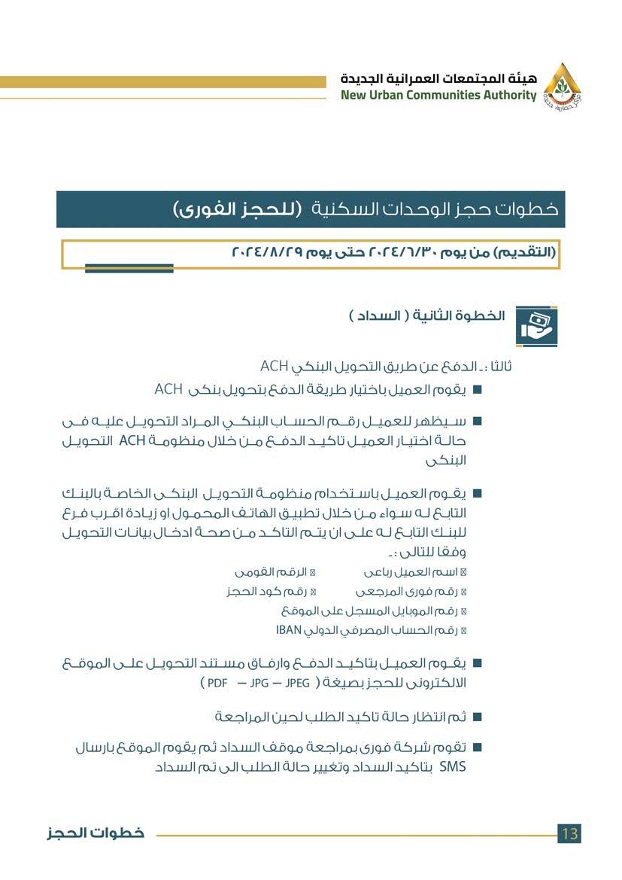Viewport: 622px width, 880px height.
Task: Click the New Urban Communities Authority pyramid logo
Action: click(x=562, y=84)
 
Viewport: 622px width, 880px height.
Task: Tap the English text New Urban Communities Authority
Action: click(x=438, y=96)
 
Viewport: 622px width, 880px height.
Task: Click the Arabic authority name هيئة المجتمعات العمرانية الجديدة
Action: click(x=439, y=78)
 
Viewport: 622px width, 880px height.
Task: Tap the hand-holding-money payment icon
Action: click(x=536, y=326)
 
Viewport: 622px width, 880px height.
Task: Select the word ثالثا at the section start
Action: click(x=499, y=367)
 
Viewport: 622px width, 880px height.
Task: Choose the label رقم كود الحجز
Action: click(x=265, y=592)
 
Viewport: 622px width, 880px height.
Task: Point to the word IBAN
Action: click(x=288, y=629)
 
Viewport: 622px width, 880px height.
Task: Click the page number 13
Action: click(x=569, y=833)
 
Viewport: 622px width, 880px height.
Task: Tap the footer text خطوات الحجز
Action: click(x=94, y=833)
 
